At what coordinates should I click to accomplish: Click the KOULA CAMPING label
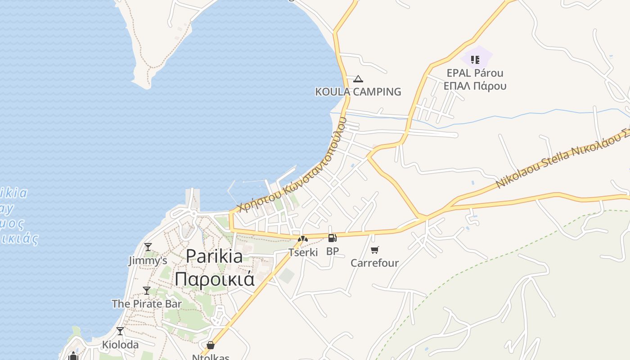tap(358, 92)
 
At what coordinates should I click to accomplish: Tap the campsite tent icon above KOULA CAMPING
tap(358, 79)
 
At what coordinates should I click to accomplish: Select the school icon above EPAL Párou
tap(475, 59)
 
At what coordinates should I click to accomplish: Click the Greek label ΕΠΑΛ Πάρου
tap(475, 86)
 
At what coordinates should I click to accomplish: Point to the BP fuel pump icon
tap(332, 238)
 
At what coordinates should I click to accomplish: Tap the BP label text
tap(332, 252)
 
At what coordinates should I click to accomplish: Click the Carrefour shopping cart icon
tap(375, 250)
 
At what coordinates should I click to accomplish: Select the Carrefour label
tap(375, 263)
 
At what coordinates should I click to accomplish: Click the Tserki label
tap(303, 252)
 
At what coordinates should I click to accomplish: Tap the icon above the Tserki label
tap(303, 238)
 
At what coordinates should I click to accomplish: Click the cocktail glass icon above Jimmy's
tap(148, 247)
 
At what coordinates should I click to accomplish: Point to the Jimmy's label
tap(148, 261)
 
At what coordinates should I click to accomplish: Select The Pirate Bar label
tap(147, 304)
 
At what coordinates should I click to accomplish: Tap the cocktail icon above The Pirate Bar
tap(147, 290)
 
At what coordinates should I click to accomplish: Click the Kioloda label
tap(120, 345)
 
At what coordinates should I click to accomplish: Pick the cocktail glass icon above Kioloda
tap(120, 331)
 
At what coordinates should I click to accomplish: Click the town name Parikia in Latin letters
tap(214, 256)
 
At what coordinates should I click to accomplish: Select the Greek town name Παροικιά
tap(214, 279)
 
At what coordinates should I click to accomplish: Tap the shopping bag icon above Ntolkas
tap(210, 345)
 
